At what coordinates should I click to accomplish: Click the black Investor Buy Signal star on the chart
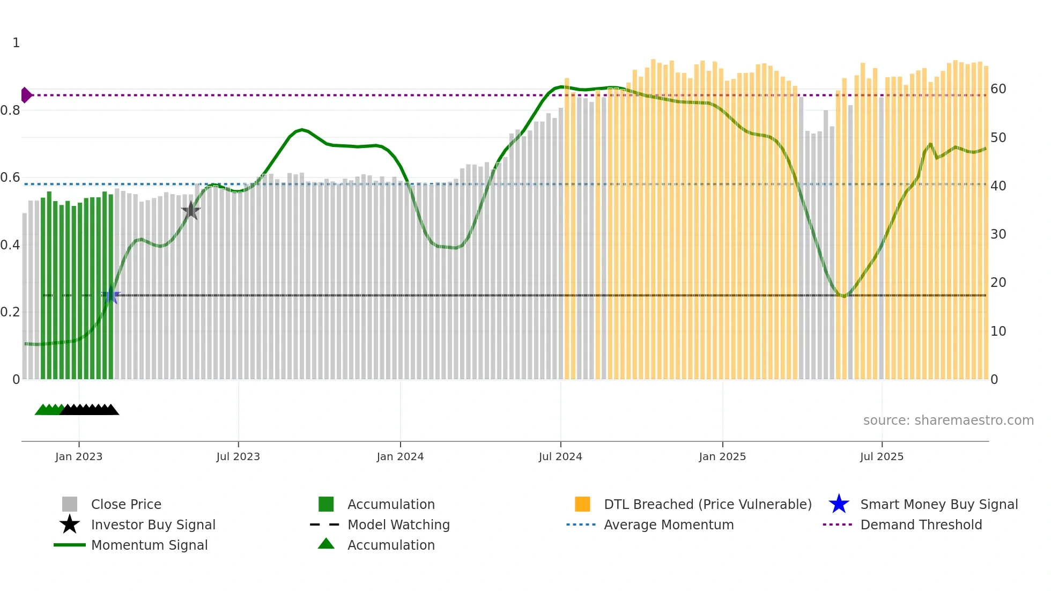190,211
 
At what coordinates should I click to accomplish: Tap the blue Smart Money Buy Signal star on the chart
111,295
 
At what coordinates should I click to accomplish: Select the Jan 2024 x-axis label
400,456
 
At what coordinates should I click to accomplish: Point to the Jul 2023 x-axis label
238,456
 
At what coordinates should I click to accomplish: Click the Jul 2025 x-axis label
882,456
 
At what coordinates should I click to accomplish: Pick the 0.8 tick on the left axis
10,110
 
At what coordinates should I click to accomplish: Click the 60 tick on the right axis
998,89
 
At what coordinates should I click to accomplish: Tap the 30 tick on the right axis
998,234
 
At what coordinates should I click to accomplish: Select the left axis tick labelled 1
16,43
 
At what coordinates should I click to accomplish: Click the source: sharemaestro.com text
948,420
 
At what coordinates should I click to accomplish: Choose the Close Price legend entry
126,504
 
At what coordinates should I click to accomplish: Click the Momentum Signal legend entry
149,545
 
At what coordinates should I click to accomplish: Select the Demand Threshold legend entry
921,524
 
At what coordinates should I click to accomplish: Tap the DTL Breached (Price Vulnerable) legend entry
707,504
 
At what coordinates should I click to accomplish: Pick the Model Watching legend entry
398,524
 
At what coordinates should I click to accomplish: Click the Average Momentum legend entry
669,524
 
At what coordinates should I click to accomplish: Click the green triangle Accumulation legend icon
326,544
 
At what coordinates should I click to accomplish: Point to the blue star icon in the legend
839,504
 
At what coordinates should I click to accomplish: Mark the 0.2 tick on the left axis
10,312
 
